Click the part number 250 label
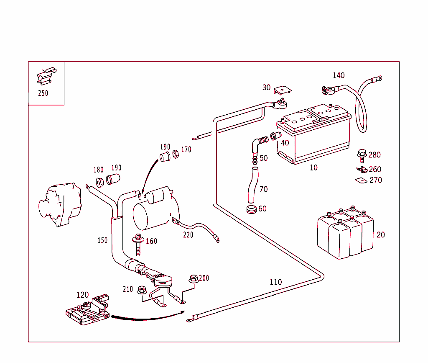click(x=43, y=93)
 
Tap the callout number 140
click(x=339, y=75)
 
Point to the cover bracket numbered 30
click(x=283, y=90)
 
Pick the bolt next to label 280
click(x=362, y=154)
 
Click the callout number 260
click(x=375, y=169)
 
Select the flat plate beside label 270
click(x=360, y=180)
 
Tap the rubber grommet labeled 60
click(x=251, y=209)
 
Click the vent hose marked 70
click(x=251, y=185)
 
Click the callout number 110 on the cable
click(x=276, y=282)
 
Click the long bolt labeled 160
click(x=138, y=245)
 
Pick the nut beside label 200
click(x=193, y=278)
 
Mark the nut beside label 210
click(x=141, y=289)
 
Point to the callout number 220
click(x=188, y=235)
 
